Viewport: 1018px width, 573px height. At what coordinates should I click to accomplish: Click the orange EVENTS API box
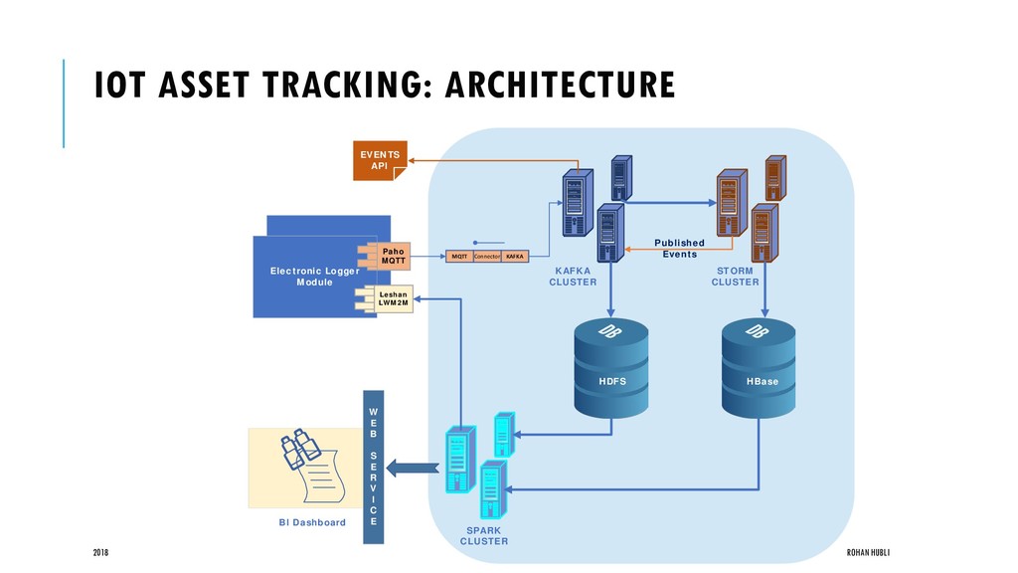(x=380, y=160)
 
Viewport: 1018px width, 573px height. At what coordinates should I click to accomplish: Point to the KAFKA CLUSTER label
(x=573, y=276)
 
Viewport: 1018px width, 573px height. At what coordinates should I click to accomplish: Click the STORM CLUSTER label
(x=735, y=276)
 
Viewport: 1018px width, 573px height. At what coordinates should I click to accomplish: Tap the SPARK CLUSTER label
(x=484, y=536)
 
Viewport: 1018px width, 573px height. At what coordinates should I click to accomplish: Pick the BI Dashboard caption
(x=312, y=522)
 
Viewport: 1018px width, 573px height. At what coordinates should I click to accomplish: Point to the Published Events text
(x=679, y=248)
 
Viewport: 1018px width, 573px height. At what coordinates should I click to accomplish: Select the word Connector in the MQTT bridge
(x=486, y=257)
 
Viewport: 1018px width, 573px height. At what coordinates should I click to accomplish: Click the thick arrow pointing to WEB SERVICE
(x=407, y=467)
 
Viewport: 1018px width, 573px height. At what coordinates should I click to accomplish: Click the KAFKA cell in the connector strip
(x=515, y=257)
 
